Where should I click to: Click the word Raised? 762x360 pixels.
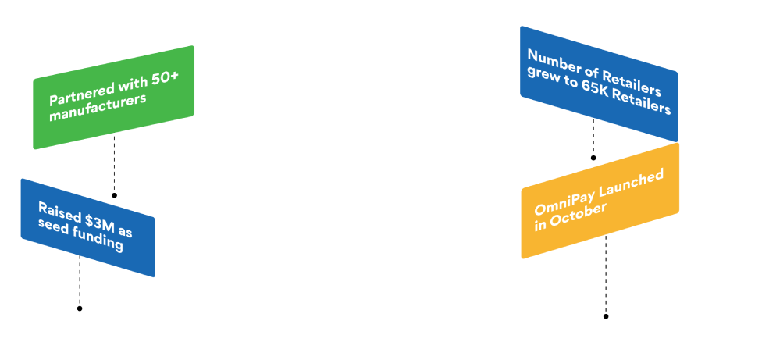click(x=57, y=211)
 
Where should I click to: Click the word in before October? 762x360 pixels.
click(x=540, y=226)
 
